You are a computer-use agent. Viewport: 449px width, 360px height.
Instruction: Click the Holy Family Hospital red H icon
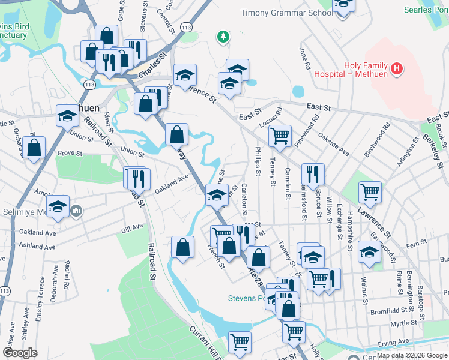coord(396,70)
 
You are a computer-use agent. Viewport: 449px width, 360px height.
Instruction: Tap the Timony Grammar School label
coord(286,13)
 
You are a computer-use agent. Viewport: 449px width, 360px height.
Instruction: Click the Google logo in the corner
coord(20,352)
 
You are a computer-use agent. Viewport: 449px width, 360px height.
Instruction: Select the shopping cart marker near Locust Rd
coord(280,136)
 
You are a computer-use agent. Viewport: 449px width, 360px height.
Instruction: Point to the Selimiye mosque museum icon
coord(77,211)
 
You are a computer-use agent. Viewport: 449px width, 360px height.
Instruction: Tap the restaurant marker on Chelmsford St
coord(313,174)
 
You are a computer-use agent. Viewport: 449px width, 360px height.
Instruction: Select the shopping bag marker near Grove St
coord(35,148)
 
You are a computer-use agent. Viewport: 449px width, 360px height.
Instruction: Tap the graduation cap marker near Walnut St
coord(369,252)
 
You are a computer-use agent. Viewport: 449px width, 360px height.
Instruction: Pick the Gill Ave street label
coord(132,228)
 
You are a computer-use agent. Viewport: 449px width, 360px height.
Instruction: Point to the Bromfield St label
coord(390,312)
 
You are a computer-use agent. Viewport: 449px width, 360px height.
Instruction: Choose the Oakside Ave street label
coord(333,145)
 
